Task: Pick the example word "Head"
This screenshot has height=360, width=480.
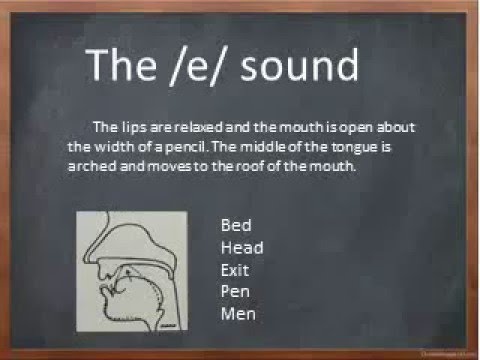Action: [x=241, y=247]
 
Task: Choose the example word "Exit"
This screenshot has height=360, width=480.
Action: [x=235, y=270]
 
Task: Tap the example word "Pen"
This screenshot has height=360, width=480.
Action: [x=235, y=292]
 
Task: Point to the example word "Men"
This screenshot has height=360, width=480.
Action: [x=238, y=314]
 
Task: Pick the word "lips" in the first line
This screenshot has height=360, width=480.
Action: [x=136, y=127]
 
